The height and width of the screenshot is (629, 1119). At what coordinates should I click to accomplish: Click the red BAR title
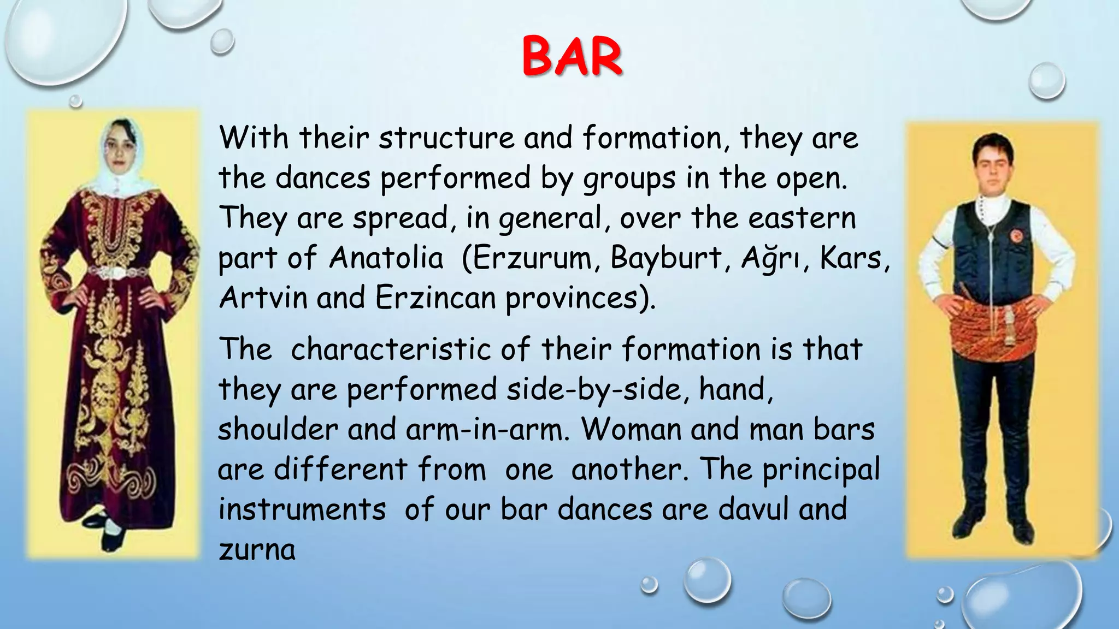[572, 56]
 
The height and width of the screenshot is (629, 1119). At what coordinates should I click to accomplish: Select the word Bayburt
[666, 258]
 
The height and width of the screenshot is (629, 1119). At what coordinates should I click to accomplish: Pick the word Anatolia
[386, 258]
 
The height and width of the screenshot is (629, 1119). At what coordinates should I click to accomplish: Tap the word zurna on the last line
[257, 549]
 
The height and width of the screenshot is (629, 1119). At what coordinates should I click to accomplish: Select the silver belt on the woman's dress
[117, 271]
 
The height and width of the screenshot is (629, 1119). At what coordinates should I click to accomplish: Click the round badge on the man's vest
[1016, 236]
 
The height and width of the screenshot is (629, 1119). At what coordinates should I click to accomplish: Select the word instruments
[302, 509]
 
